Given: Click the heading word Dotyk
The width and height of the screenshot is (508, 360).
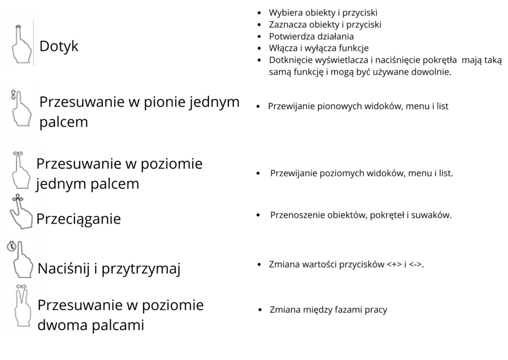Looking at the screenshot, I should (x=59, y=47).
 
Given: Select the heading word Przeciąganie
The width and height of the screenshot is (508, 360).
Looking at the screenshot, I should (x=79, y=219).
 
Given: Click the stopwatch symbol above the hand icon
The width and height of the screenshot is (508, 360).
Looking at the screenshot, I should (x=11, y=246).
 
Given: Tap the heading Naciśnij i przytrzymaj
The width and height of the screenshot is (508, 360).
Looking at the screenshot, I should (x=109, y=269).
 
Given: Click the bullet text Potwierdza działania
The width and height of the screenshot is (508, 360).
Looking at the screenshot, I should (x=312, y=36).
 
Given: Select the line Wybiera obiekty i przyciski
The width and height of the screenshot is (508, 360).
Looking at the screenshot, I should (x=326, y=12).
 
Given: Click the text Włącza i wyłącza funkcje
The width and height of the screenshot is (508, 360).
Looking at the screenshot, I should (x=318, y=48).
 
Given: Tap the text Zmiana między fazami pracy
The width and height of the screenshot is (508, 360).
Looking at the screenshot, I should (x=328, y=310).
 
